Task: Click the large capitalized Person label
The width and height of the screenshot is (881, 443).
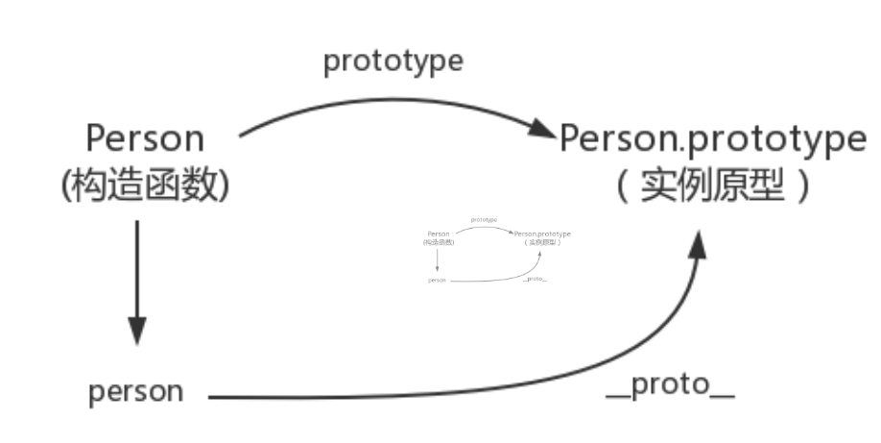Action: click(x=145, y=138)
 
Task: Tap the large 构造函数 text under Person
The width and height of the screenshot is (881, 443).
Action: click(x=145, y=185)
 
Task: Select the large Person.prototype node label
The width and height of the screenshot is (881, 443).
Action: click(x=712, y=138)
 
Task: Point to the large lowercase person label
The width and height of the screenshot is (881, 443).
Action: click(x=135, y=392)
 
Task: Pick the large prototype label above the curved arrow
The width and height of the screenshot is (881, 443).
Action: click(x=393, y=61)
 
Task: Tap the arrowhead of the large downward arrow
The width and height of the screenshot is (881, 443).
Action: click(x=137, y=329)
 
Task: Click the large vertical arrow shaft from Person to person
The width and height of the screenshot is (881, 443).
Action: click(x=137, y=269)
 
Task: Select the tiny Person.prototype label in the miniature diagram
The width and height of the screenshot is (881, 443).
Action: click(x=542, y=234)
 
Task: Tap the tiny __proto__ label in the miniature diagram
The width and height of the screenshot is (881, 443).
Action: click(x=536, y=278)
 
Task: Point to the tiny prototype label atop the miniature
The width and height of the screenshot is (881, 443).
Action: click(x=484, y=219)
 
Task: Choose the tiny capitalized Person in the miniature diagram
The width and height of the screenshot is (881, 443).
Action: click(x=438, y=234)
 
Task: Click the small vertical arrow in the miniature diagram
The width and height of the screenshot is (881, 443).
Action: click(x=438, y=258)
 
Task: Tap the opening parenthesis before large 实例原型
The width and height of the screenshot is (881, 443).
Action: click(x=622, y=186)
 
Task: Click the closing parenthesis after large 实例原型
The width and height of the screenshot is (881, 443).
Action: click(x=801, y=186)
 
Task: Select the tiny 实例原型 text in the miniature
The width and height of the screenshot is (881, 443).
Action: click(x=542, y=242)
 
